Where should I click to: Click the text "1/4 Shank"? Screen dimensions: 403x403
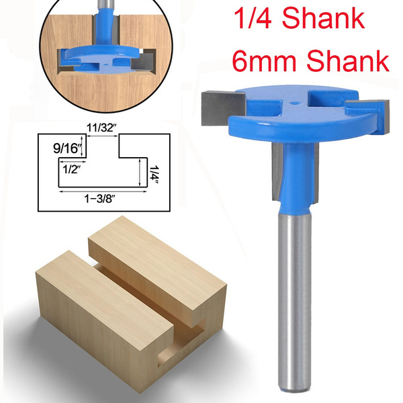point(298,19)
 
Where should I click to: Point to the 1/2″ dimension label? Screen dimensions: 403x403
point(69,169)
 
